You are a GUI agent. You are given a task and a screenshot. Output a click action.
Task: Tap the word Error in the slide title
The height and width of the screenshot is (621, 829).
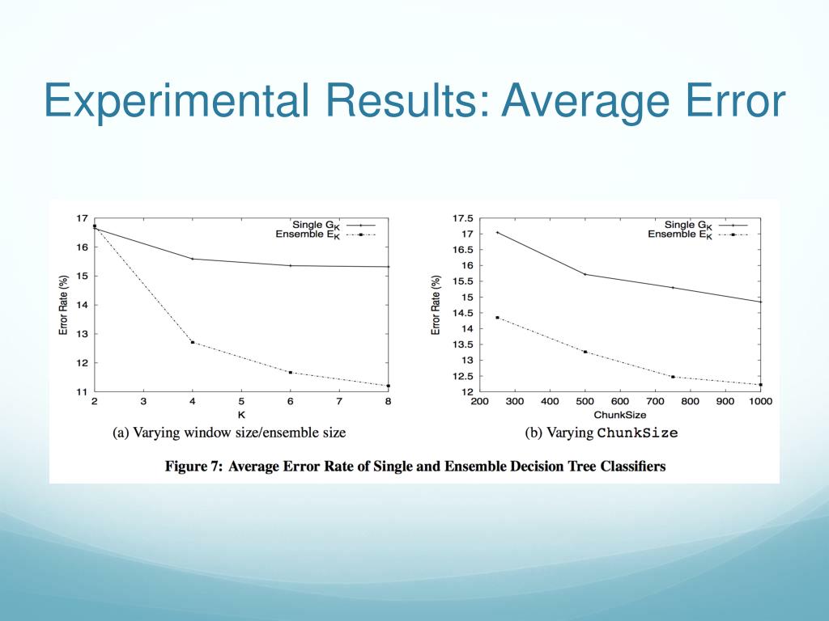click(x=725, y=103)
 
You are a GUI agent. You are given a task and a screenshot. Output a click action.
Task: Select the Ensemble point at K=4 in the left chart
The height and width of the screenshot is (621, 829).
click(x=193, y=342)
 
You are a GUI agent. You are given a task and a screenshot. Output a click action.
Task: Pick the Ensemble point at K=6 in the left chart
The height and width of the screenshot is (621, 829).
click(x=291, y=372)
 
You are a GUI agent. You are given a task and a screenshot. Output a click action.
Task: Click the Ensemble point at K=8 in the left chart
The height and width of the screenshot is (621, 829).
click(x=389, y=386)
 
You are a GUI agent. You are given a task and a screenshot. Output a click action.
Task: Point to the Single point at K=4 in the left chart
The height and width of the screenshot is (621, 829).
click(x=193, y=259)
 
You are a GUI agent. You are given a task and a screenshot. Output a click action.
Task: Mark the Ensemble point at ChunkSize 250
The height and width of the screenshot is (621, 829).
click(x=497, y=318)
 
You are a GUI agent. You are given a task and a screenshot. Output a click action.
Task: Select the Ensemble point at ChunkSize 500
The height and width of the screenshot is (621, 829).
click(x=585, y=352)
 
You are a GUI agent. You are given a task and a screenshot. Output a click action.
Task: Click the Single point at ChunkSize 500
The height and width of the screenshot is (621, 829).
click(x=585, y=274)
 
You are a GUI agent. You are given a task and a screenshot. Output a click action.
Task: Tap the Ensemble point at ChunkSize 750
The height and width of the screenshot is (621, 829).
click(x=673, y=377)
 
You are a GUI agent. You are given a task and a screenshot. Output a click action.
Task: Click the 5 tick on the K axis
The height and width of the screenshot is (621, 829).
click(x=241, y=401)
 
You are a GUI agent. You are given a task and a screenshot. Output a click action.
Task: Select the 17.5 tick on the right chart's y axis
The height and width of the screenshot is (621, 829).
click(x=463, y=218)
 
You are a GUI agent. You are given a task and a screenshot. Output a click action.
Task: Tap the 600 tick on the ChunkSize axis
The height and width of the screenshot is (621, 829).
click(x=620, y=401)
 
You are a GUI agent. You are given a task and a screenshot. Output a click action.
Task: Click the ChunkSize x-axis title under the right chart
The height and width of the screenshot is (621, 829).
click(x=620, y=414)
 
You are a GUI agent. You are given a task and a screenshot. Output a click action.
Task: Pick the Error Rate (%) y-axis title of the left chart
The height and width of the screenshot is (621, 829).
click(x=63, y=305)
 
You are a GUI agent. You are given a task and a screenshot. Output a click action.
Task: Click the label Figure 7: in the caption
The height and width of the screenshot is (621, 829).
click(x=192, y=467)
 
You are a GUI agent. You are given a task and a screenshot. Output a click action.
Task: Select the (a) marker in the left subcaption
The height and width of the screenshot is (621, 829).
click(x=120, y=433)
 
